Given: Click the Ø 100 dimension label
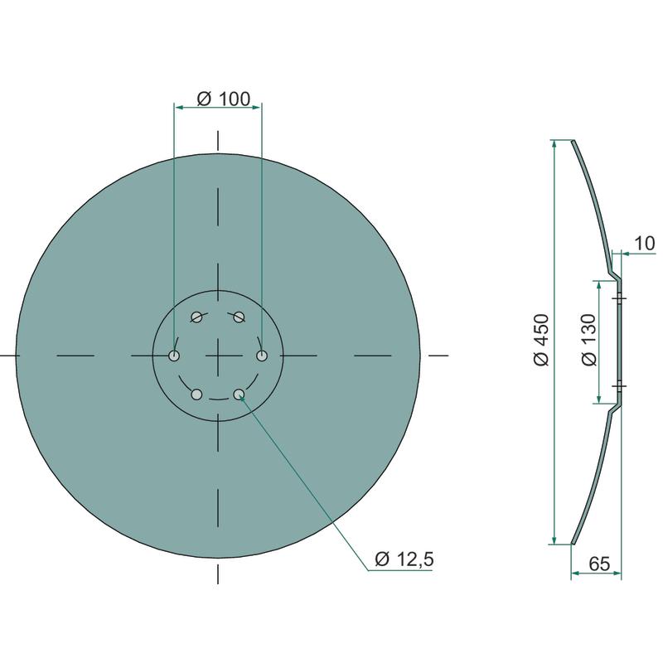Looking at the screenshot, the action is coord(224,99).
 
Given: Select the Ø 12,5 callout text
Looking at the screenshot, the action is coord(404,559).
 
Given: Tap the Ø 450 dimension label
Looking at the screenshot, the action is coord(541,340).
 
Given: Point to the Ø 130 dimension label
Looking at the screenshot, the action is coord(588,340).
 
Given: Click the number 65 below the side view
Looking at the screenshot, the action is coord(599,564).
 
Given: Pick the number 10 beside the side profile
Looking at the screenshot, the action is coord(645,244).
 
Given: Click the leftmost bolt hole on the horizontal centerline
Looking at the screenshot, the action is coord(174,356).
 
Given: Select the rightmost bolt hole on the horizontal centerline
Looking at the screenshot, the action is coord(262,356).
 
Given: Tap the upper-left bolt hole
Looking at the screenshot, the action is coord(196,317).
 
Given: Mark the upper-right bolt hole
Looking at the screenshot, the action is coord(240,317).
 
